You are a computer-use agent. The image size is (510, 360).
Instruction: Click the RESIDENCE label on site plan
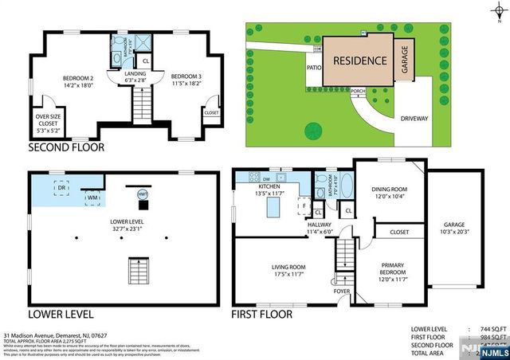pos(359,61)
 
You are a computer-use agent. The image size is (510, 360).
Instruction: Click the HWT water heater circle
pos(143,194)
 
